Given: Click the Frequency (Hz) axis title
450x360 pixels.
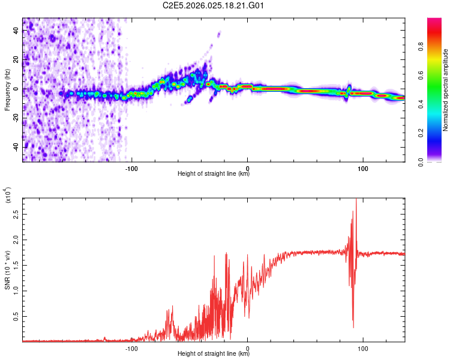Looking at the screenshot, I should pos(7,90).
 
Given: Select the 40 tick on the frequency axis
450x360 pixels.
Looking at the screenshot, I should pos(16,32).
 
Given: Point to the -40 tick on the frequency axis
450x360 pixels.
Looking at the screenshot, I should pos(16,146).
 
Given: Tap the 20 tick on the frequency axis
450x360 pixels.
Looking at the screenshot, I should pos(16,61).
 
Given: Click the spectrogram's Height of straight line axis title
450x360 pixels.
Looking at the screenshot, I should pos(214,174).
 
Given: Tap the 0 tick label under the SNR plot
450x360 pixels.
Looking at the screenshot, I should pos(248,347).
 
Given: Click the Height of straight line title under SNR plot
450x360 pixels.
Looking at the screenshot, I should pos(214,354).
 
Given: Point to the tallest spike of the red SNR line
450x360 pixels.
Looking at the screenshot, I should pos(356,200).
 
